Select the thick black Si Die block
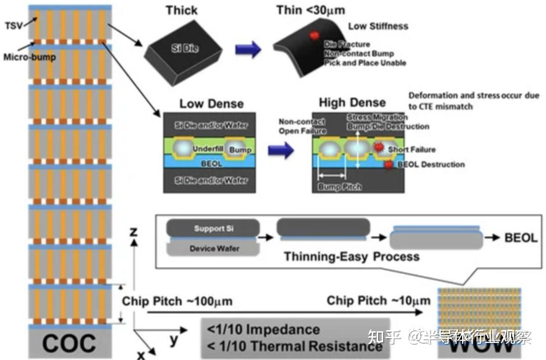(x=185, y=50)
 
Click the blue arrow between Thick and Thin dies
(x=248, y=49)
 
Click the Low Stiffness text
(x=378, y=26)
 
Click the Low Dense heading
(x=211, y=104)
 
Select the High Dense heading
(x=352, y=103)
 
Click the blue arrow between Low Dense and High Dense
(x=281, y=150)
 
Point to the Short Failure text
(x=412, y=150)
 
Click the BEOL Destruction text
(x=431, y=164)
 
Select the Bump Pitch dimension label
(x=340, y=187)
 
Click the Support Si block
(x=210, y=229)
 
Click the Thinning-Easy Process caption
(x=351, y=256)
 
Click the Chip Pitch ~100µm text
(x=177, y=301)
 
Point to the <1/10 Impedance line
(x=263, y=330)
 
